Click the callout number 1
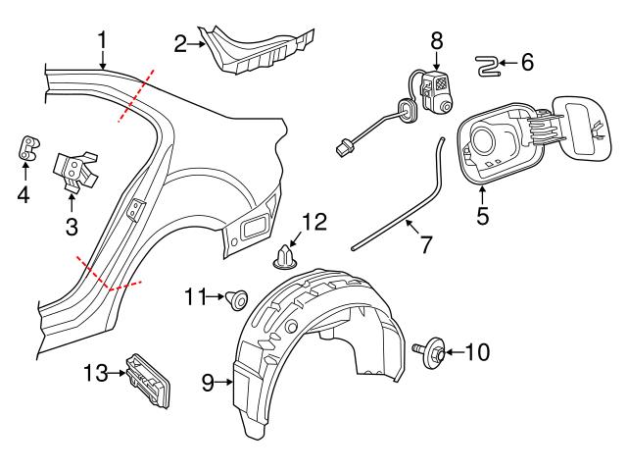(103, 40)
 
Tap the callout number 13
(96, 373)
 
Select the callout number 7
(425, 244)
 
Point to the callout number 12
(314, 222)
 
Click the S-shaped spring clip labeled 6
(487, 66)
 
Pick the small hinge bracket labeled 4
(29, 148)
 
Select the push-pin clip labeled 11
(237, 299)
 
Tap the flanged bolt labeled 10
(429, 349)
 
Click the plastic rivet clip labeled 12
(285, 257)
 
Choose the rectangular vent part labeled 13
(149, 380)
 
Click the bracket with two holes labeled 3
(75, 170)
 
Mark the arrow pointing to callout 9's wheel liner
(223, 383)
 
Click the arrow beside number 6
(508, 63)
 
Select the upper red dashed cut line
(135, 95)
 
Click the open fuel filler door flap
(583, 129)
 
